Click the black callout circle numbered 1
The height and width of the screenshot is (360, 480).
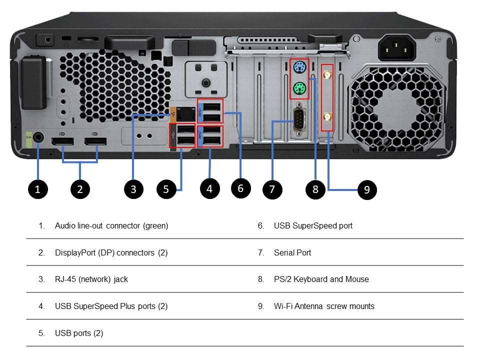pyautogui.click(x=38, y=189)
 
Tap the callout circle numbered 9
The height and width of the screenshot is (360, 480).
pyautogui.click(x=367, y=190)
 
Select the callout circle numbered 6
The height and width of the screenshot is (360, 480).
pyautogui.click(x=240, y=188)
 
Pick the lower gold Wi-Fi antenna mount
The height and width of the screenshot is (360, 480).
pyautogui.click(x=327, y=118)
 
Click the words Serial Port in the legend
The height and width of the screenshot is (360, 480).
pyautogui.click(x=292, y=252)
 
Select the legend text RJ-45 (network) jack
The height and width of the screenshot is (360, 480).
pyautogui.click(x=91, y=279)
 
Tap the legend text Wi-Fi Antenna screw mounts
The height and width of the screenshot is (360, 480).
pyautogui.click(x=324, y=306)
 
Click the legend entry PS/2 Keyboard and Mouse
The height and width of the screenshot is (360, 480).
pyautogui.click(x=321, y=279)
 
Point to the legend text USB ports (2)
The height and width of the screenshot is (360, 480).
pyautogui.click(x=79, y=333)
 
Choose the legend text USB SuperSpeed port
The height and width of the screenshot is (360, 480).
pyautogui.click(x=313, y=225)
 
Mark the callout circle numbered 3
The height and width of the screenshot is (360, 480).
pyautogui.click(x=133, y=189)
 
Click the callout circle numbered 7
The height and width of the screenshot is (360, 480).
pyautogui.click(x=272, y=189)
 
